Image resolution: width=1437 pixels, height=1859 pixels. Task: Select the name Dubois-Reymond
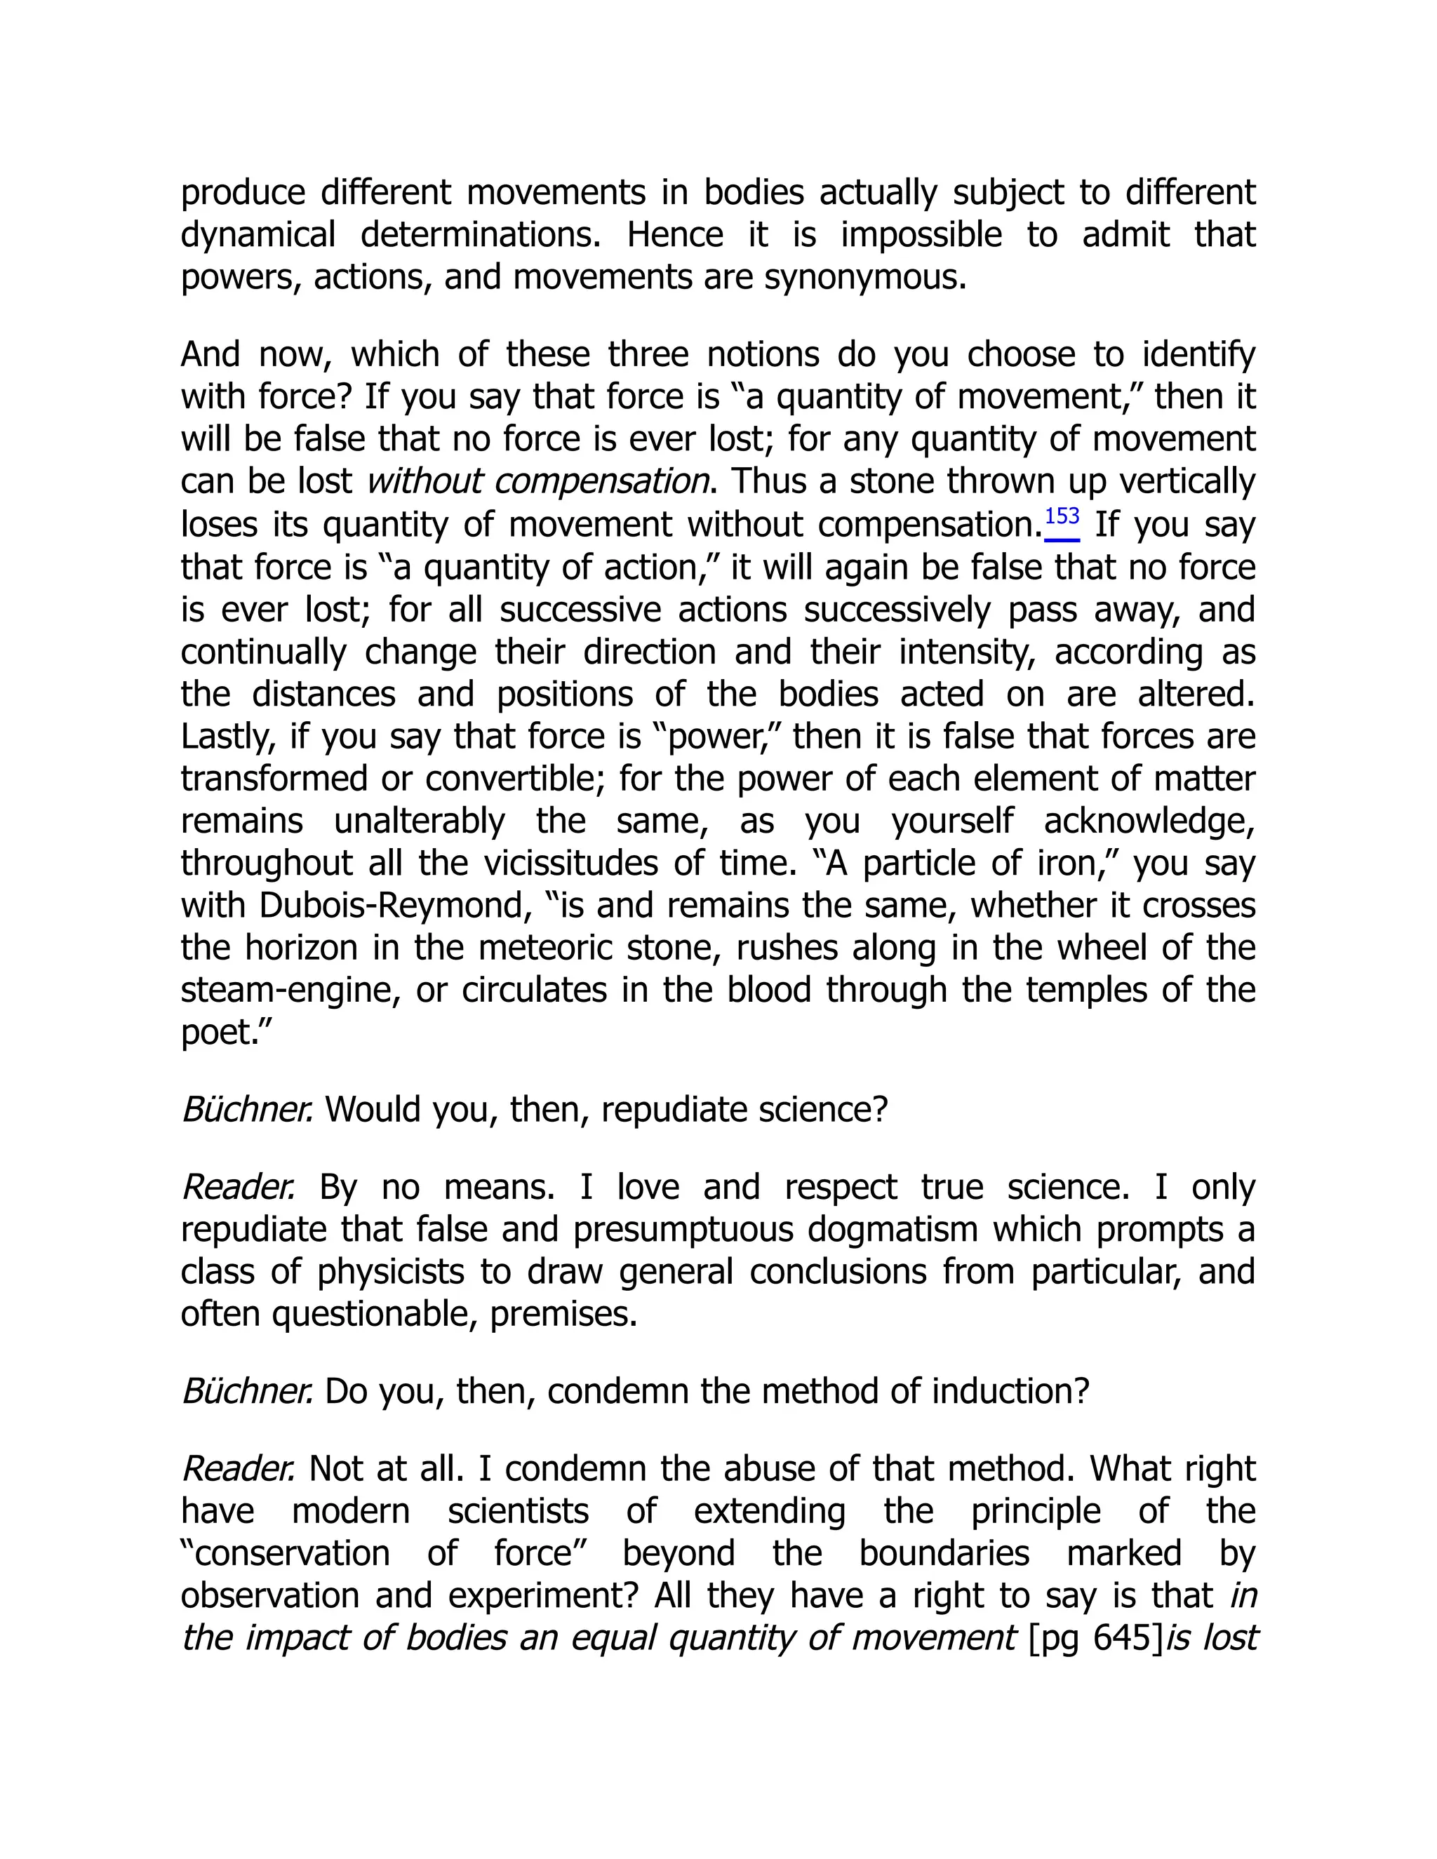[x=390, y=906]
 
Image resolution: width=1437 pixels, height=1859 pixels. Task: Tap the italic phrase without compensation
[x=537, y=482]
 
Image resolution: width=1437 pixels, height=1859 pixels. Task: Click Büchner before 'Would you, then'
[x=247, y=1110]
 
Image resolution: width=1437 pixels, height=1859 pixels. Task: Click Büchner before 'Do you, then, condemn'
[x=247, y=1392]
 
